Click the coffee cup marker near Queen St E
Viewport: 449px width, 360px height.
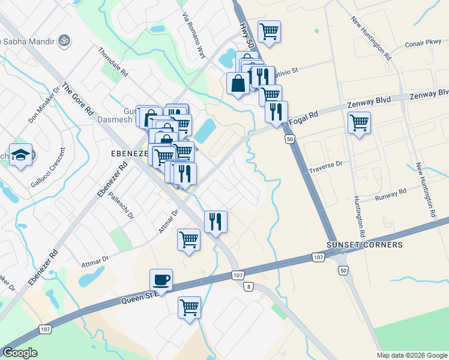tap(161, 279)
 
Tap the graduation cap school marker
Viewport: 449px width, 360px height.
tap(21, 155)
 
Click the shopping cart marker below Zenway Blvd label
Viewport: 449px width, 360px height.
tap(359, 122)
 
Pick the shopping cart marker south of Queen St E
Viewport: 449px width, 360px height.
tap(189, 307)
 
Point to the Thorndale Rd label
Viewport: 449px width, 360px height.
tap(113, 62)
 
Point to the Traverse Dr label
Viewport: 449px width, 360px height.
tap(325, 163)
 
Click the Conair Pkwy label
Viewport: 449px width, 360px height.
tap(423, 43)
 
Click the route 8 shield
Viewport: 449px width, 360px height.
tap(248, 287)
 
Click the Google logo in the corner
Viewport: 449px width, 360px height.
tap(20, 353)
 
